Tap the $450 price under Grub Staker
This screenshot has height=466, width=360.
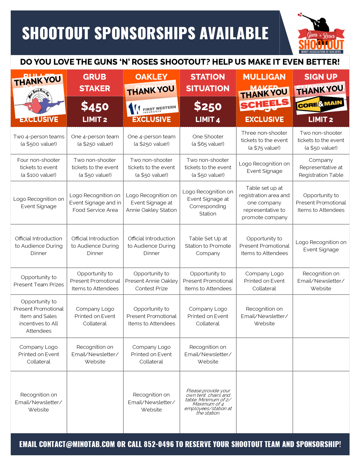(95, 106)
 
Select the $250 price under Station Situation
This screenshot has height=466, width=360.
(208, 106)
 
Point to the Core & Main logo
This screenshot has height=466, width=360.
(321, 105)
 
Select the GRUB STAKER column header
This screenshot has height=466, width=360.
(95, 82)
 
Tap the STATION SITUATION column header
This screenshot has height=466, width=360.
(208, 82)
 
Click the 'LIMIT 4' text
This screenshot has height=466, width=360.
(208, 120)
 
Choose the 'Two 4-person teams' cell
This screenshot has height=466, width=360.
(39, 140)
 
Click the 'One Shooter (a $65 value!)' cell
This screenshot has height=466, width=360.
(208, 140)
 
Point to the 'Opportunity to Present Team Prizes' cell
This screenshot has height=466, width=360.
(39, 281)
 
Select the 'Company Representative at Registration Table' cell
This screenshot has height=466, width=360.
(321, 167)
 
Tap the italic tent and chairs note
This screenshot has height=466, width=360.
(208, 402)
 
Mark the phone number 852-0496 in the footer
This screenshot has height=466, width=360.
(159, 444)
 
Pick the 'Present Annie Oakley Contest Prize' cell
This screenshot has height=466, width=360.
(152, 281)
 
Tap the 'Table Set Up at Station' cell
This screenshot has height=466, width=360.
(208, 246)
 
